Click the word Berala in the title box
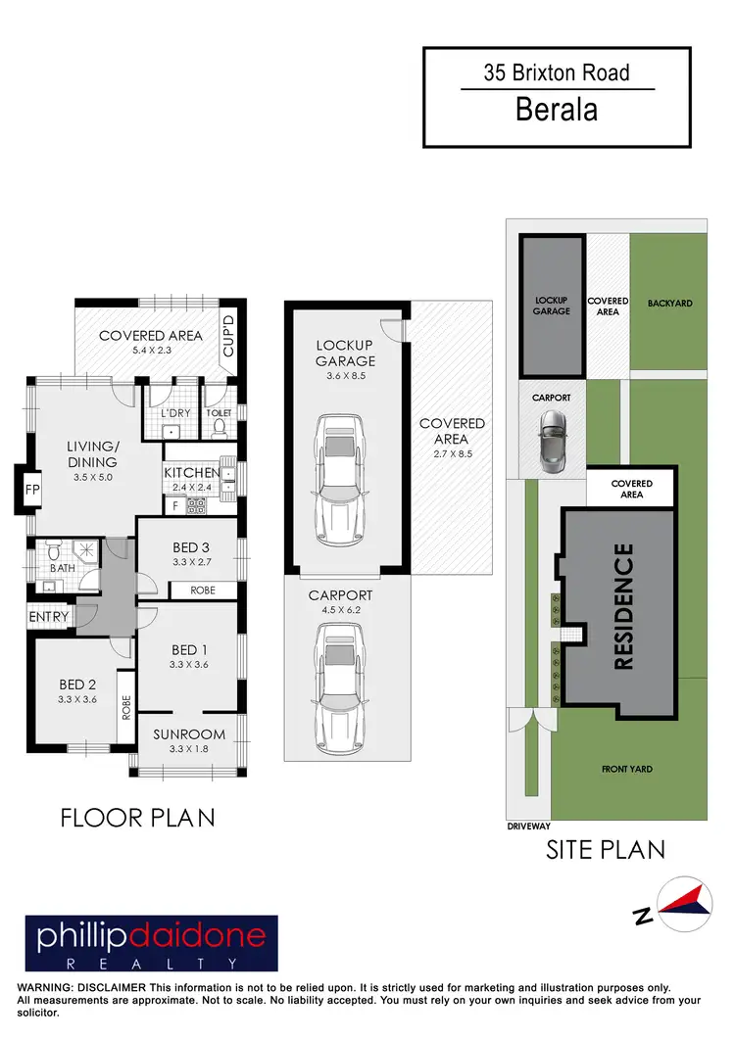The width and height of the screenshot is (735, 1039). pos(557,109)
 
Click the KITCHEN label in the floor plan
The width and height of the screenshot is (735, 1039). pos(191,473)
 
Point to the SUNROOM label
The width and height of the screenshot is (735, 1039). pos(190,733)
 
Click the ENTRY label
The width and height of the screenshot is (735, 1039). pos(49,617)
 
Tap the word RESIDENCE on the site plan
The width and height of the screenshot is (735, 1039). pos(623,606)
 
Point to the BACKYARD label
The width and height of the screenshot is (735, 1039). pos(669,304)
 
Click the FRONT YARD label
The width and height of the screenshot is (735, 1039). pos(627,770)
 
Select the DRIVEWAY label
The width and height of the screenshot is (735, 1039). pos(529,826)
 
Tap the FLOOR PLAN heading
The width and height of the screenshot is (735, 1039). pos(137,817)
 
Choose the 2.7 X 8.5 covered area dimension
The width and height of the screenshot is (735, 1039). pos(452,453)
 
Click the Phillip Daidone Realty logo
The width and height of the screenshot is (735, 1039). pos(151,943)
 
